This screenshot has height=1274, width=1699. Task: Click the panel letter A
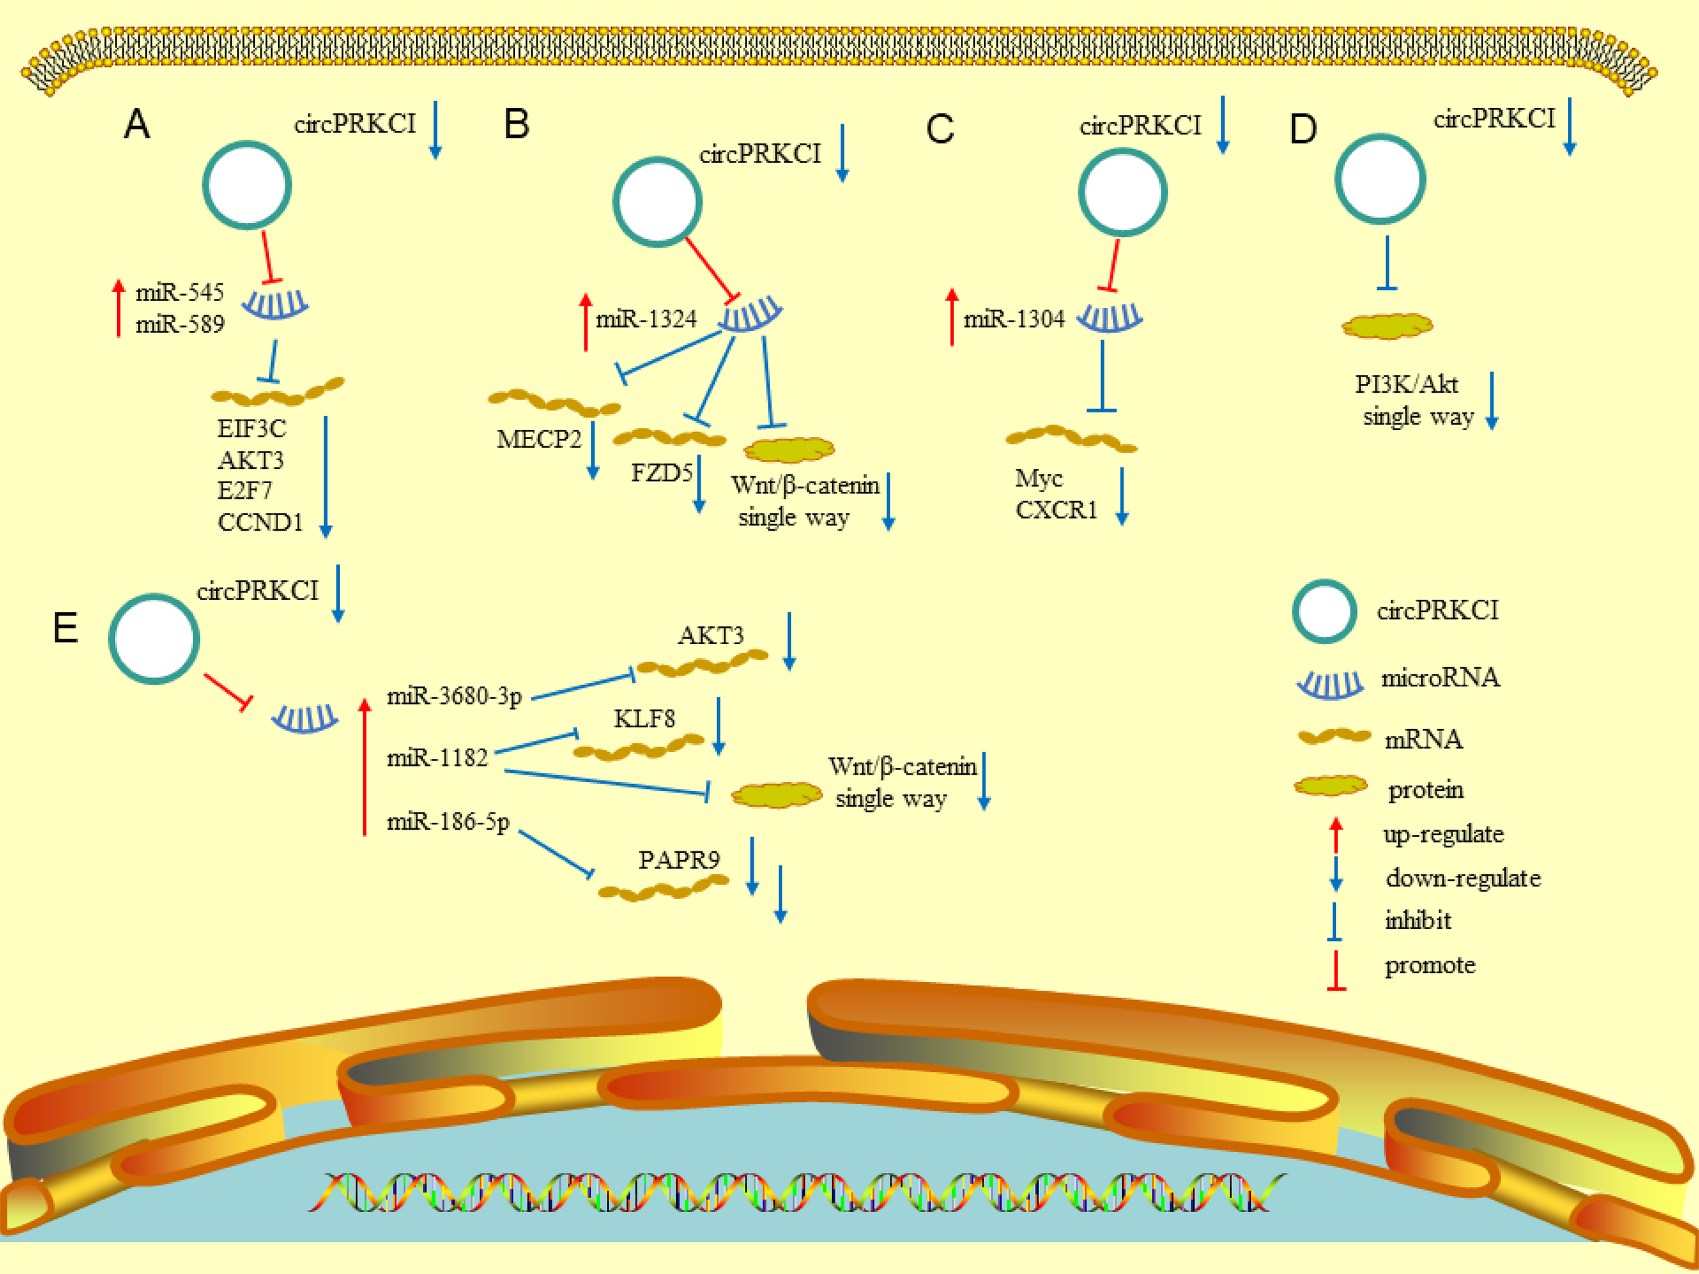tap(137, 124)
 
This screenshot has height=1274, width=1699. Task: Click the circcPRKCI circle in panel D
tap(1380, 179)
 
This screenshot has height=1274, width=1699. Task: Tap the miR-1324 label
tap(646, 319)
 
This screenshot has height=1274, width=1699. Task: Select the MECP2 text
tap(538, 439)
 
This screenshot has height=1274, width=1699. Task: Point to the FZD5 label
tap(661, 472)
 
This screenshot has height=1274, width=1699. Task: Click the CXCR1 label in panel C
tap(1056, 510)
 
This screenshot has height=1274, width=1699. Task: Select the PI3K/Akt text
tap(1405, 384)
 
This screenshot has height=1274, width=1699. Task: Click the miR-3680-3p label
tap(454, 696)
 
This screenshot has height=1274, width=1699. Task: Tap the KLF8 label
tap(644, 719)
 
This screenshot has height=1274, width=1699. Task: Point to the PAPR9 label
tap(679, 860)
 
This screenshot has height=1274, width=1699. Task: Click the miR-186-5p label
tap(448, 821)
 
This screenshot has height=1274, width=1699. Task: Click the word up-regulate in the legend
tap(1443, 834)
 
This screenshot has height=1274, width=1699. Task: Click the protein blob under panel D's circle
tap(1386, 326)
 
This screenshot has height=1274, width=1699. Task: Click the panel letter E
tap(65, 629)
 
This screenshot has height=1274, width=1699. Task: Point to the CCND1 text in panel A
tap(260, 523)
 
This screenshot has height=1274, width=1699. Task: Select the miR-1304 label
tap(1014, 319)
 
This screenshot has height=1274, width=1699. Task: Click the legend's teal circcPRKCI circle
tap(1324, 612)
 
